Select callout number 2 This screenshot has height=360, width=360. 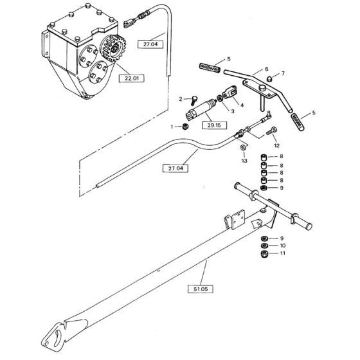(x=181, y=99)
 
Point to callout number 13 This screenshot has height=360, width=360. (x=244, y=161)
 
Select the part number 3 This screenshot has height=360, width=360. (x=224, y=111)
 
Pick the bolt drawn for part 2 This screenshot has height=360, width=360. (x=192, y=100)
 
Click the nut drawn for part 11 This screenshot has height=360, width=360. (x=264, y=255)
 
